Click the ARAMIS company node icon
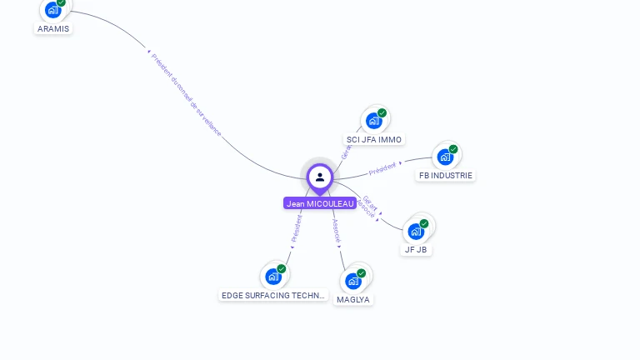(52, 9)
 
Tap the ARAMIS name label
(53, 28)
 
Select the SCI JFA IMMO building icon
(374, 121)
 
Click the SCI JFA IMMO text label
(374, 139)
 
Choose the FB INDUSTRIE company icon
(445, 157)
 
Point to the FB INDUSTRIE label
(446, 175)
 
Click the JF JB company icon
(416, 231)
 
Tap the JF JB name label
(416, 249)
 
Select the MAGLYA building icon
(353, 281)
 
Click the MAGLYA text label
(353, 299)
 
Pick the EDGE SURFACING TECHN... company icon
(273, 276)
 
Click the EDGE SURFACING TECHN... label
(273, 295)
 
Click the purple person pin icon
(320, 177)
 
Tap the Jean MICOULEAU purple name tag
(320, 203)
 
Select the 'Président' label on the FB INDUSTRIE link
(382, 168)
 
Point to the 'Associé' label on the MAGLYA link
(336, 231)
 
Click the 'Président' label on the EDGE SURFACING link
(296, 227)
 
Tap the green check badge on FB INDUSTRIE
(453, 149)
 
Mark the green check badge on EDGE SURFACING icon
(282, 268)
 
